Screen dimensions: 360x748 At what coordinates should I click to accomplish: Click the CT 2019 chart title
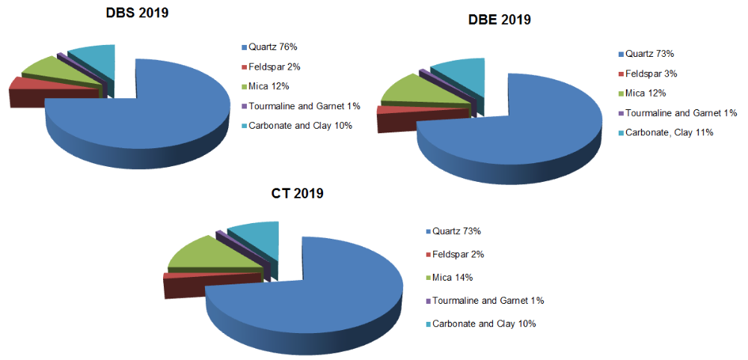(x=297, y=194)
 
